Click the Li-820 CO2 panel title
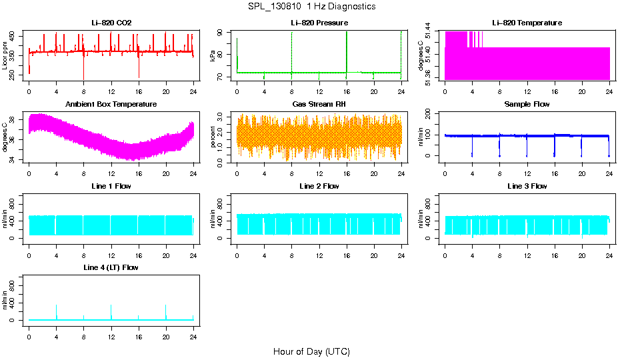pyautogui.click(x=111, y=23)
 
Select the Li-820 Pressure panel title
pyautogui.click(x=319, y=23)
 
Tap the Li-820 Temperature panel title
pyautogui.click(x=527, y=23)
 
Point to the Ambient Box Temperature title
pyautogui.click(x=111, y=105)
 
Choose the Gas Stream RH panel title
pyautogui.click(x=319, y=105)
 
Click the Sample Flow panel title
pyautogui.click(x=527, y=105)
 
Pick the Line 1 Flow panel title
pyautogui.click(x=111, y=186)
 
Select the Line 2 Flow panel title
pyautogui.click(x=319, y=186)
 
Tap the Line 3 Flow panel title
pyautogui.click(x=527, y=186)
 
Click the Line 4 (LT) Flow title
pyautogui.click(x=111, y=267)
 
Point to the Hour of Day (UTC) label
pyautogui.click(x=311, y=351)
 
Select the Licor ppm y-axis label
pyautogui.click(x=5, y=56)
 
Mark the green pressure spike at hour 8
pyautogui.click(x=291, y=53)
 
